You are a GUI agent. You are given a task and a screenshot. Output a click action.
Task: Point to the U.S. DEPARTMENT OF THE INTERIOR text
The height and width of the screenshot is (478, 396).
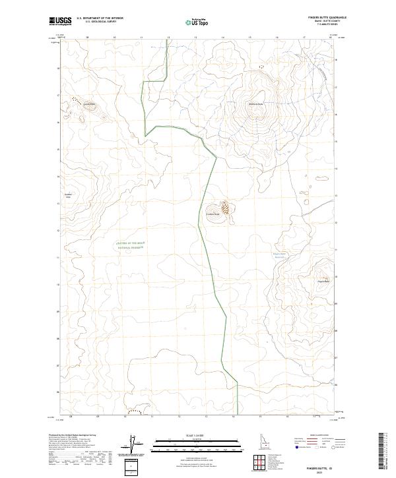pyautogui.click(x=99, y=18)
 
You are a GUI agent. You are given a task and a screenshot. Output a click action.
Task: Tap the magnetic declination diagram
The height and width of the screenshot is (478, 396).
pyautogui.click(x=131, y=445)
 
